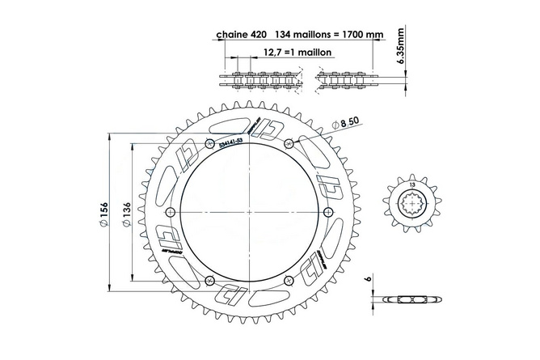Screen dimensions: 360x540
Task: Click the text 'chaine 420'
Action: [x=239, y=36]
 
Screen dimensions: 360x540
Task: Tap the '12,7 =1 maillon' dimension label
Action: [x=283, y=53]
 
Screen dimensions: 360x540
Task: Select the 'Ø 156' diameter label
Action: [x=103, y=214]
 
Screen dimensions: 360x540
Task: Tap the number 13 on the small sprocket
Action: [x=413, y=186]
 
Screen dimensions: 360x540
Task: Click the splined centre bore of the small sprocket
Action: [x=413, y=205]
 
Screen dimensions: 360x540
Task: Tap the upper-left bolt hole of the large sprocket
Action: [x=210, y=142]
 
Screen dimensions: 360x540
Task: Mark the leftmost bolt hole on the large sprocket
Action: [x=170, y=212]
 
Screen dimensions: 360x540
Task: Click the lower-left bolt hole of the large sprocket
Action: [x=210, y=281]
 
